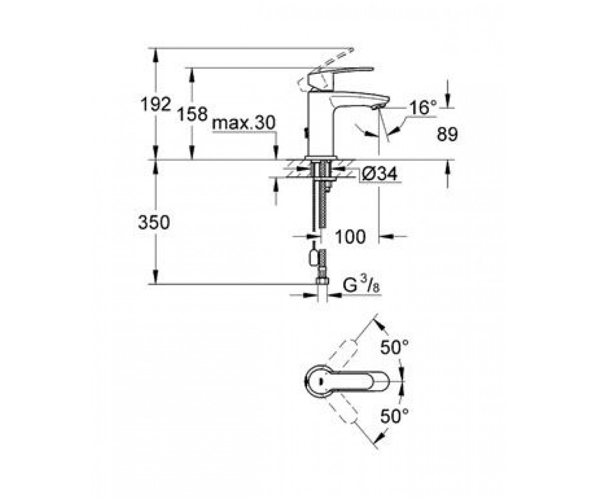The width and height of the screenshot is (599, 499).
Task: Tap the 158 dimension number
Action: pos(192,114)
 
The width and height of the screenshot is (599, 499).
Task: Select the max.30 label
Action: pos(244,123)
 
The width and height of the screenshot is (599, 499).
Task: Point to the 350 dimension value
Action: pos(154,222)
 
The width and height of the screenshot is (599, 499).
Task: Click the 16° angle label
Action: pos(423,108)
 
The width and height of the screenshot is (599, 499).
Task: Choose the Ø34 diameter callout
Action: pos(379,174)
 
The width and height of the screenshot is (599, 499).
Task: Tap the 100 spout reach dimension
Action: pos(350,237)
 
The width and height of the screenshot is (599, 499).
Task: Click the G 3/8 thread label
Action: pos(361,284)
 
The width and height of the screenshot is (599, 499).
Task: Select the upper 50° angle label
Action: pos(394,347)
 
